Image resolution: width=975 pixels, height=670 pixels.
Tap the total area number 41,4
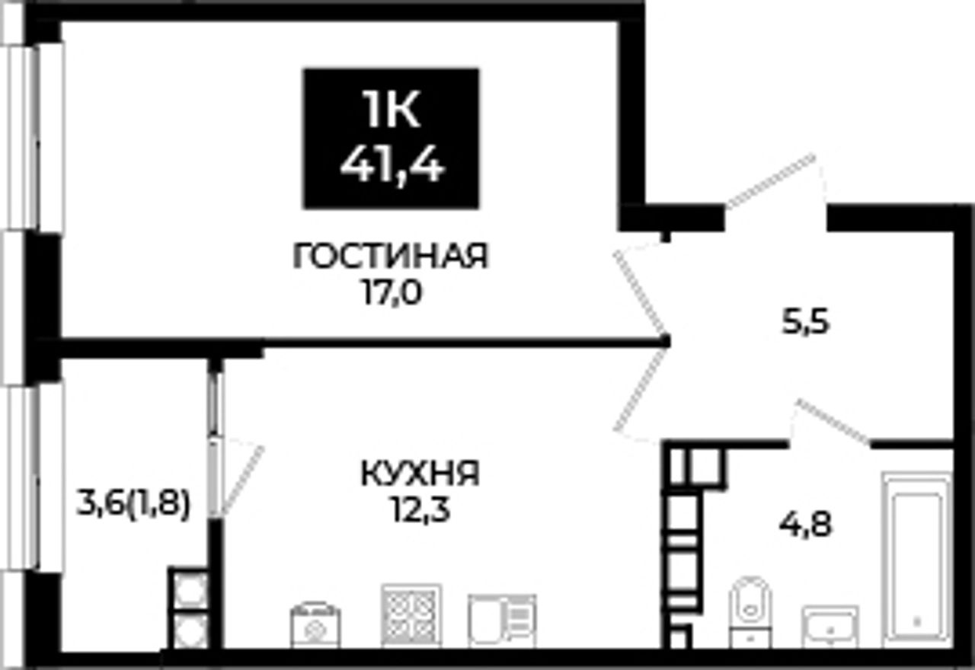392,167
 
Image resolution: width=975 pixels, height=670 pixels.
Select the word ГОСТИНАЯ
392,256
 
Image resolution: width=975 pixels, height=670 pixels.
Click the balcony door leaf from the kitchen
242,480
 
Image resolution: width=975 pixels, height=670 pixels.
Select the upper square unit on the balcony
190,590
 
